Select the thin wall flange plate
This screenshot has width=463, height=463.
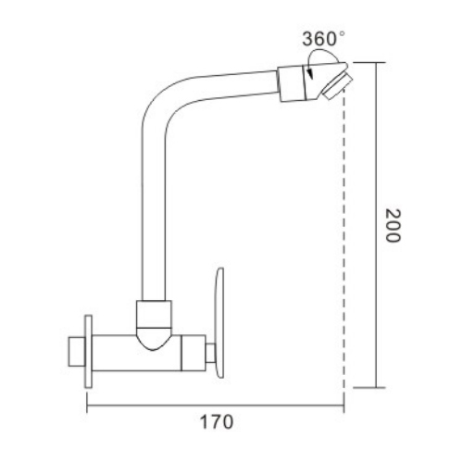[88, 352]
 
